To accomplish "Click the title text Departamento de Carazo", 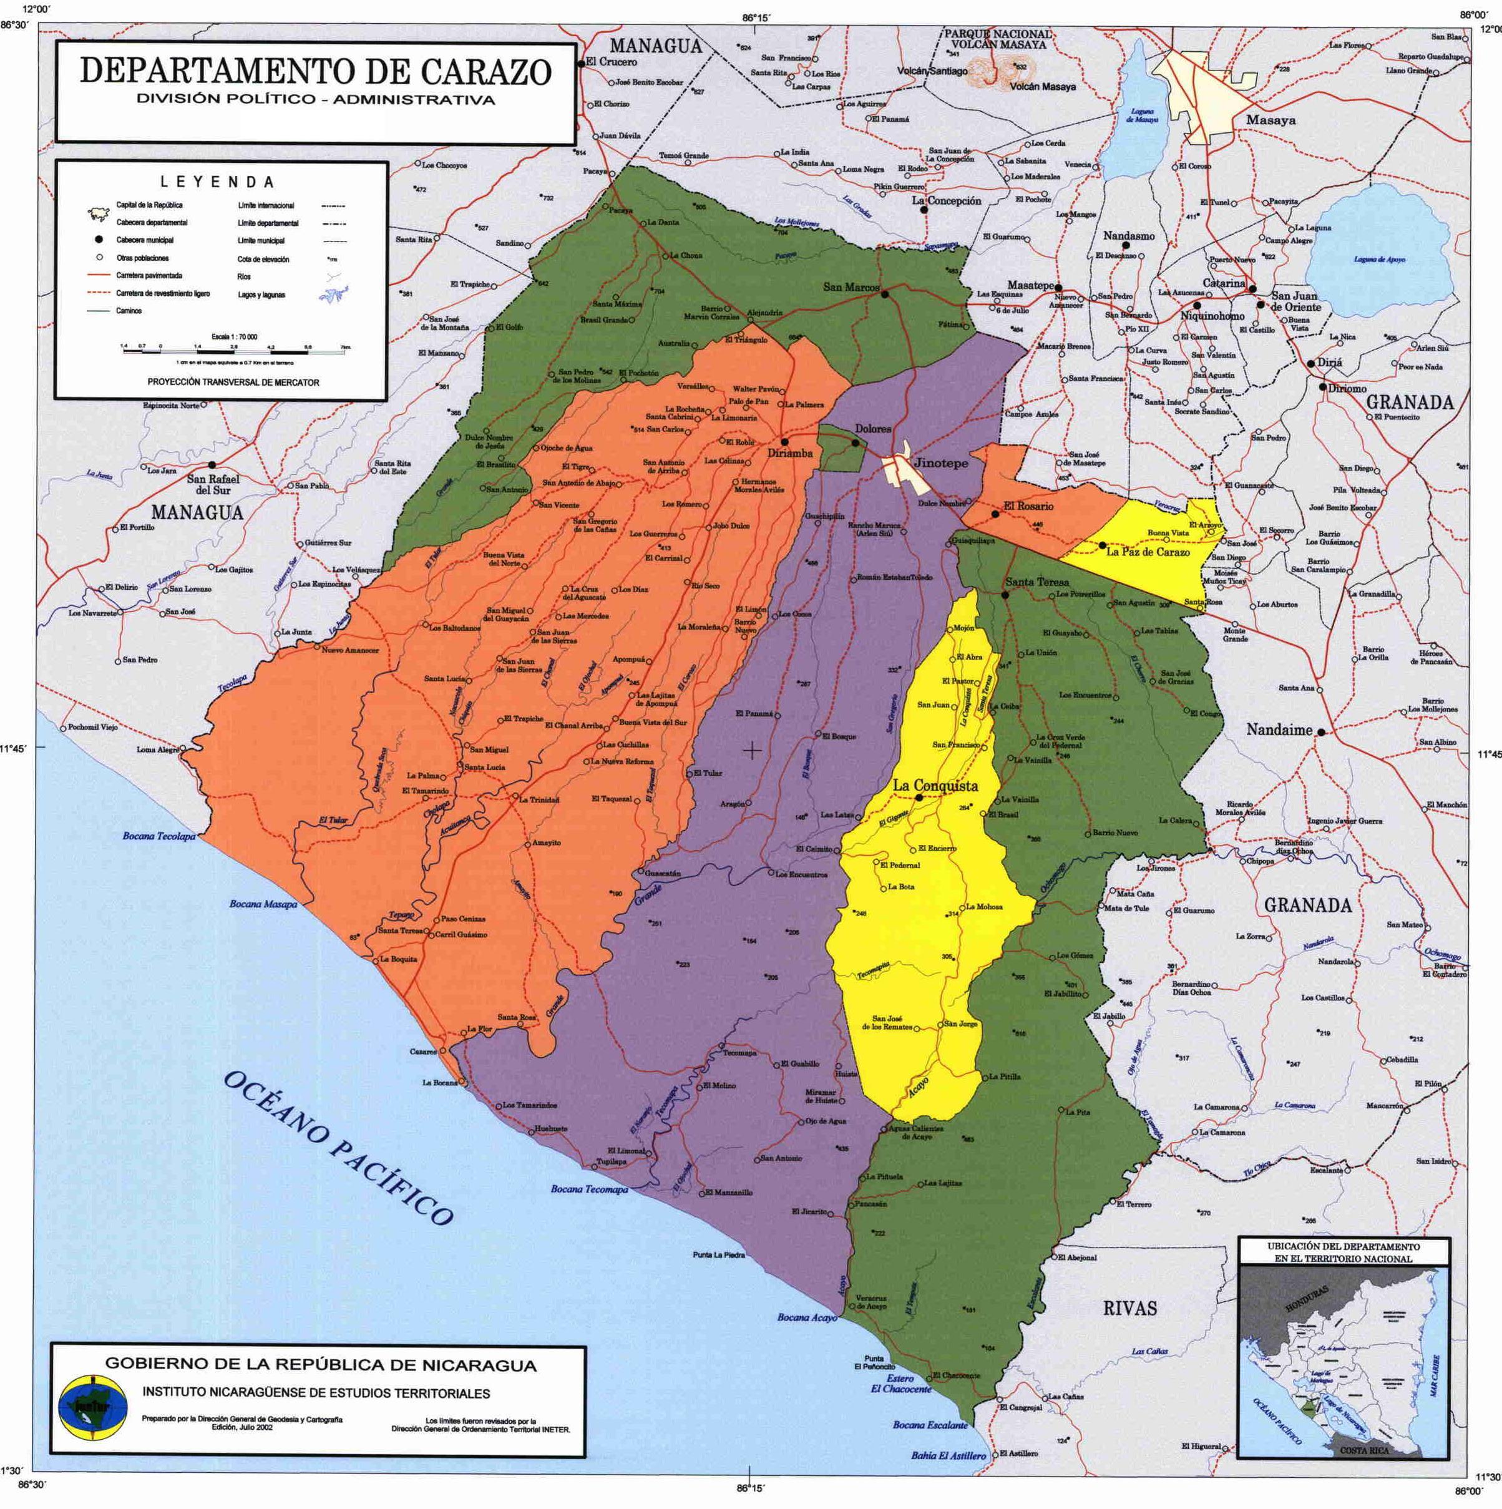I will coord(316,72).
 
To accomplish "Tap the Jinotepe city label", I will coord(940,463).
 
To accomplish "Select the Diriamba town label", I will coord(789,453).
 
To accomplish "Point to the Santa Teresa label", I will coord(1036,582).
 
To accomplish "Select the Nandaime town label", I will coord(1279,730).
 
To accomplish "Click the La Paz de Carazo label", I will coord(1148,552).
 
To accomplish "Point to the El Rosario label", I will coord(1028,506).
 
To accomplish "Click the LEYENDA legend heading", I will coord(217,183).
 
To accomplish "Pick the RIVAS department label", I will coord(1129,1308).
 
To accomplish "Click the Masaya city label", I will coord(1270,120).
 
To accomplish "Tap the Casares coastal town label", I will coord(423,1052).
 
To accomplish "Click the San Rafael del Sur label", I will coord(212,484).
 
